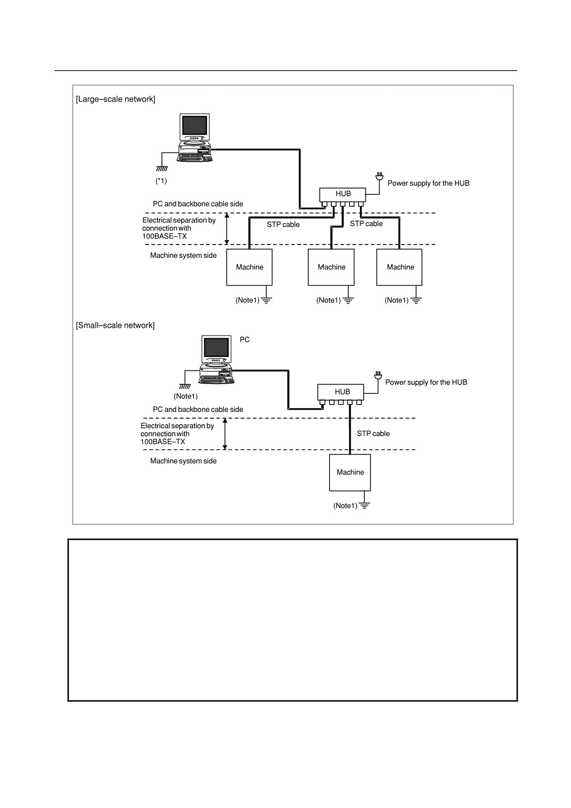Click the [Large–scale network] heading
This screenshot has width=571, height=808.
(x=116, y=99)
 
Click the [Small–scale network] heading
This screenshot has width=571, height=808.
(x=115, y=325)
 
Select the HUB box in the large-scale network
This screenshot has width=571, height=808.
(x=342, y=194)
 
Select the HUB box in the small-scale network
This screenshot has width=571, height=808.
(x=341, y=392)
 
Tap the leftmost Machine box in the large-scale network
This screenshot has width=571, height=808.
(x=249, y=267)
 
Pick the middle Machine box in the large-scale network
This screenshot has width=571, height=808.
(x=331, y=267)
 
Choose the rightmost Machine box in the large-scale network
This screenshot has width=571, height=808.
(x=399, y=267)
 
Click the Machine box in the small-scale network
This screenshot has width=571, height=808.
(x=350, y=473)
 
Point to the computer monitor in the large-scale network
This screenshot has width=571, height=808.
(x=194, y=127)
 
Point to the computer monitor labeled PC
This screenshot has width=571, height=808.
(x=217, y=349)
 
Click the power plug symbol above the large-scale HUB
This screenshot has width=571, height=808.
(x=379, y=176)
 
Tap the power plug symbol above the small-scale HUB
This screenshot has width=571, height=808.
(x=378, y=375)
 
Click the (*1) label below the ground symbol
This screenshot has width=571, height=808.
(x=161, y=181)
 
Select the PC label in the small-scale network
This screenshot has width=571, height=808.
(x=245, y=340)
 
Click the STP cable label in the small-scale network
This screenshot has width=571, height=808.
(x=373, y=433)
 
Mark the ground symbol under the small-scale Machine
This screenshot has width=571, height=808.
(x=365, y=505)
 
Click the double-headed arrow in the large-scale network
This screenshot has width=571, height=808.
(x=226, y=228)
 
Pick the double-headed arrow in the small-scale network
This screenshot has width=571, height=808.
(x=225, y=433)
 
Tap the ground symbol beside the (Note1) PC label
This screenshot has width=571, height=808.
(x=185, y=386)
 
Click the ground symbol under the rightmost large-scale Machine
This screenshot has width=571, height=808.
(x=416, y=300)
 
